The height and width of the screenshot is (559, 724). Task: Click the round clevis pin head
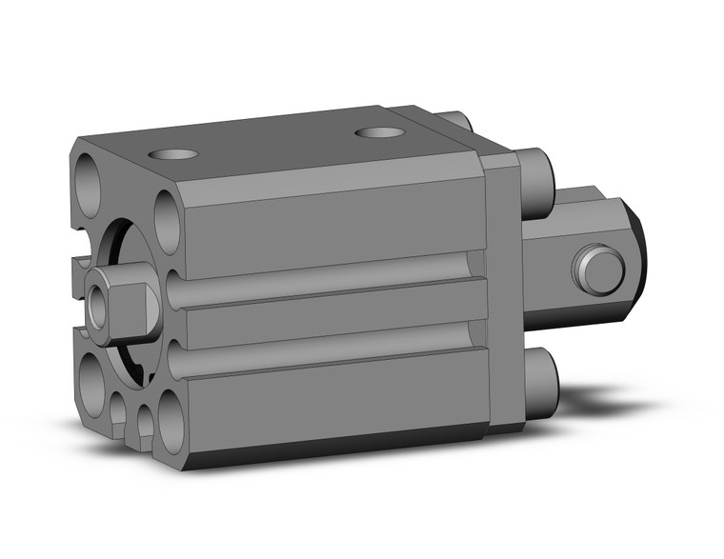(x=599, y=270)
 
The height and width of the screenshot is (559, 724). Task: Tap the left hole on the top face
(x=172, y=153)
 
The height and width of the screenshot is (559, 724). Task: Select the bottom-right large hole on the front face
(x=171, y=418)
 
